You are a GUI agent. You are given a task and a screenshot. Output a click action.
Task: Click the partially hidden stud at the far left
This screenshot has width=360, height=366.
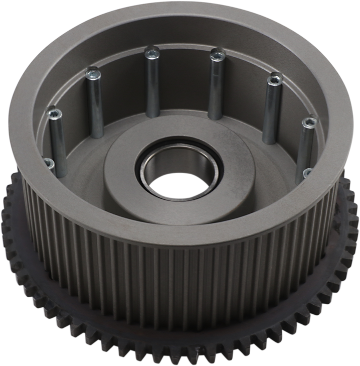point(48,163)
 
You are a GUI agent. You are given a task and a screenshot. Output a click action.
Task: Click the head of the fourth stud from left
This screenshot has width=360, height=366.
point(151,52)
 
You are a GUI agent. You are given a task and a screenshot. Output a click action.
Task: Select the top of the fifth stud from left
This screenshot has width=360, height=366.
point(217,54)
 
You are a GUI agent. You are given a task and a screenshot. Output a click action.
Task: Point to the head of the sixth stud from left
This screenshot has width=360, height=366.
point(274,79)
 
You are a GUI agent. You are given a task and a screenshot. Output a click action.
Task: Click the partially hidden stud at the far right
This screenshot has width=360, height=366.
point(307,173)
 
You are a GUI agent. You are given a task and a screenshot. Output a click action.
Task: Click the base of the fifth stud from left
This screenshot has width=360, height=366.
point(214,116)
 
